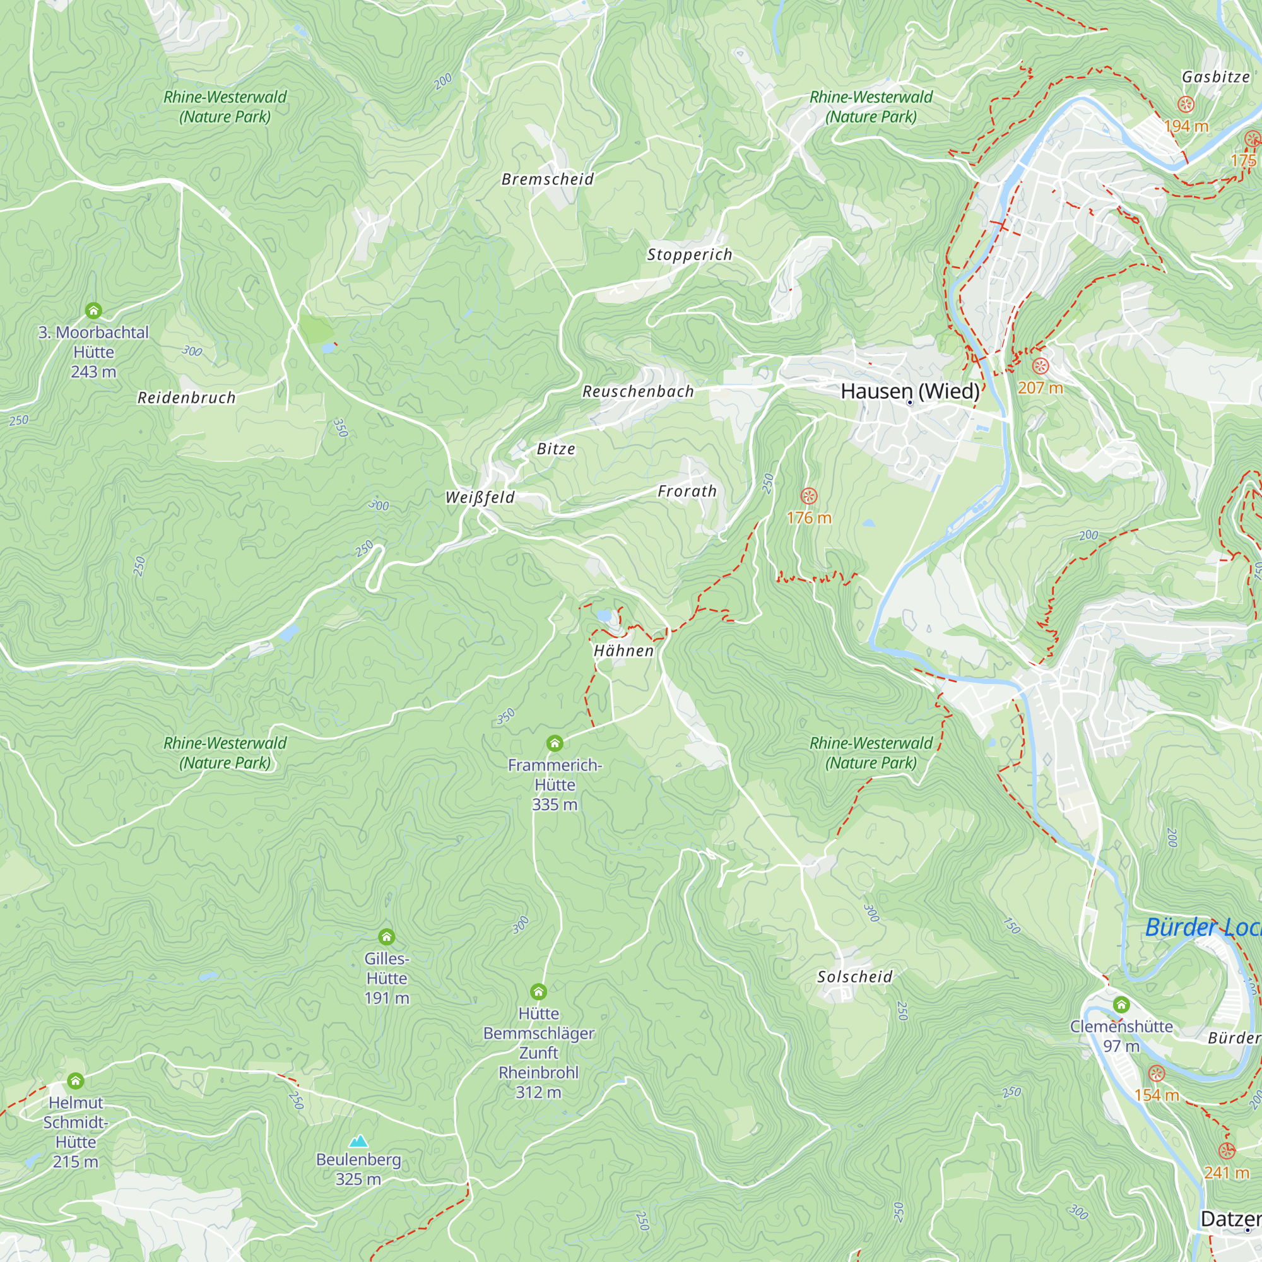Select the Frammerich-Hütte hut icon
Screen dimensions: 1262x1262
[555, 743]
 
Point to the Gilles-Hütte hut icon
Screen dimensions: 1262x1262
[387, 936]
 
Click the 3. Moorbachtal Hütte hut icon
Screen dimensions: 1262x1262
[93, 310]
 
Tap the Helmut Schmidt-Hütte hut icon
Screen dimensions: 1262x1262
[76, 1080]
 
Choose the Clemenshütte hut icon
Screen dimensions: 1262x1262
[1121, 1004]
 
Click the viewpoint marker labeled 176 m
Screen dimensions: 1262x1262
[810, 496]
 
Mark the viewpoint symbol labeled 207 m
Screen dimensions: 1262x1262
[1041, 366]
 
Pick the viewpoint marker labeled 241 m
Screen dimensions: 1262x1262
[1227, 1150]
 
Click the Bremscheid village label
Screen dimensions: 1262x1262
[547, 179]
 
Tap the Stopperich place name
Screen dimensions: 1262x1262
[690, 254]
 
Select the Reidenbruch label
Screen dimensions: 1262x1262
[186, 397]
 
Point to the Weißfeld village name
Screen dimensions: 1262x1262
[480, 497]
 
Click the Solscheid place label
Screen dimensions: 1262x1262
[854, 977]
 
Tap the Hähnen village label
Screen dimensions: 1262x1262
[623, 651]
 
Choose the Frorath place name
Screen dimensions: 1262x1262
[687, 491]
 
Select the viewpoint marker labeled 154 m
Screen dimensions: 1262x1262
[1157, 1073]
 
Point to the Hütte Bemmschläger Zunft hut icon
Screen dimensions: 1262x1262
[538, 991]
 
